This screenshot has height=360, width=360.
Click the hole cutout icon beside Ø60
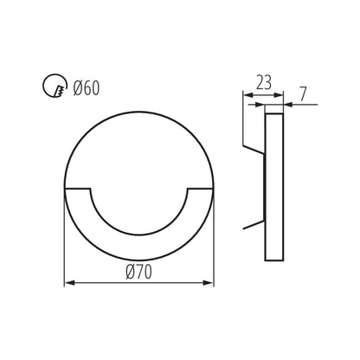pyautogui.click(x=55, y=87)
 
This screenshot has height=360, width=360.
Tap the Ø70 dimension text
pyautogui.click(x=140, y=273)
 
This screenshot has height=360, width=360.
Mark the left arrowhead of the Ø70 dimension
pyautogui.click(x=70, y=283)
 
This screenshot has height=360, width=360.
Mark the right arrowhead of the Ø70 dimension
pyautogui.click(x=209, y=283)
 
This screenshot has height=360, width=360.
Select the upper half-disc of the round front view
pyautogui.click(x=140, y=147)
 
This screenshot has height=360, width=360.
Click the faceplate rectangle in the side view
pyautogui.click(x=273, y=186)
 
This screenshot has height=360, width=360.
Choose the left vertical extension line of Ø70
pyautogui.click(x=66, y=242)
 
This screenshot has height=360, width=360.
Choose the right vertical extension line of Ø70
pyautogui.click(x=214, y=242)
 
